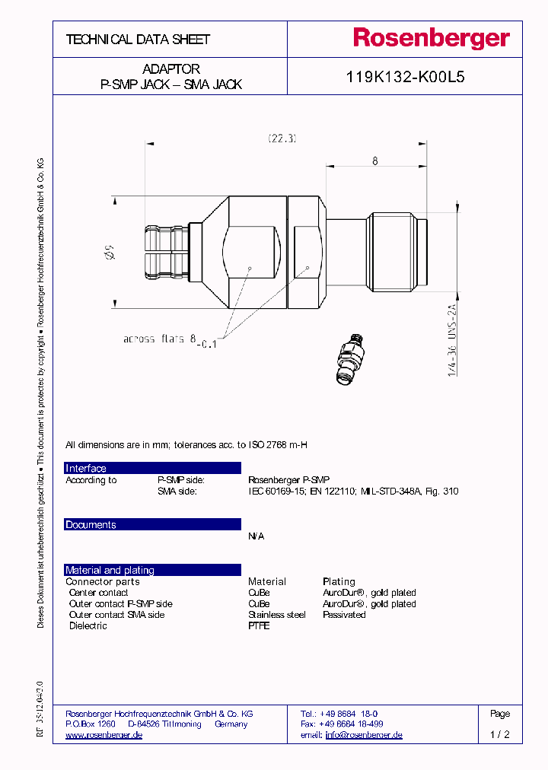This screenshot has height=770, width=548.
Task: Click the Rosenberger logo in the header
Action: click(430, 39)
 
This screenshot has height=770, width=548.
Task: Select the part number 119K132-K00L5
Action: click(404, 78)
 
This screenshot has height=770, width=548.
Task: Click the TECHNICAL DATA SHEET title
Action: click(138, 40)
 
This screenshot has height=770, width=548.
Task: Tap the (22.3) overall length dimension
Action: click(282, 138)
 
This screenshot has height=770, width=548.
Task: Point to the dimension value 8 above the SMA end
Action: click(375, 161)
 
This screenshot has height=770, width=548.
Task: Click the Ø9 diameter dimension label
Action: click(109, 251)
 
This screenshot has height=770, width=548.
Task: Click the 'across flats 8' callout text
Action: click(161, 339)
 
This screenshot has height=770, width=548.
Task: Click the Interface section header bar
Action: click(152, 468)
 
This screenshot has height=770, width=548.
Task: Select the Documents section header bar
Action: click(152, 524)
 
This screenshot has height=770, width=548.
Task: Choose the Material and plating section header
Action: click(152, 570)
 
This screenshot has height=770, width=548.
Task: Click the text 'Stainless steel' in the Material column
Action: click(276, 615)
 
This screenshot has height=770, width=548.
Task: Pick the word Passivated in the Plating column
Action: click(344, 615)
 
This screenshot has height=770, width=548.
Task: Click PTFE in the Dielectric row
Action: click(259, 626)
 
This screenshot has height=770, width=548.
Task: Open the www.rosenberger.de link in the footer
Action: click(104, 735)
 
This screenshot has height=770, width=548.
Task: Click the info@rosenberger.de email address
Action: click(364, 735)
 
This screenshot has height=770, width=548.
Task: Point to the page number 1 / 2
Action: click(500, 735)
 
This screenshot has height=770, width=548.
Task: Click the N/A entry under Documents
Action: click(256, 536)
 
